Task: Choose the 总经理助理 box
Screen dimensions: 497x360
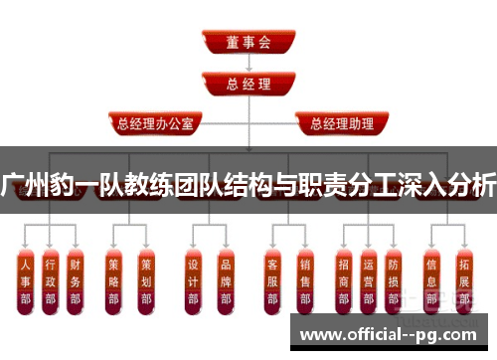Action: coord(336,125)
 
